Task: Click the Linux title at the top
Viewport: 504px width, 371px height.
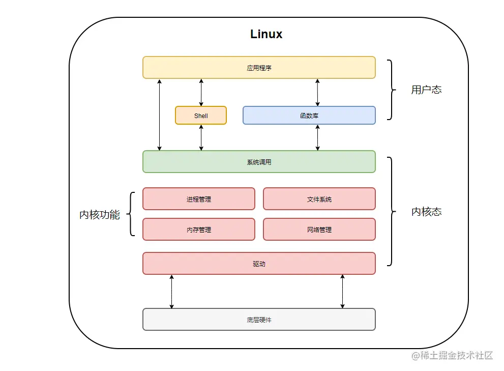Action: (266, 34)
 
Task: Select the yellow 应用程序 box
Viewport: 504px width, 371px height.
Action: (259, 68)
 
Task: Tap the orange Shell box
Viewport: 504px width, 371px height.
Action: (201, 116)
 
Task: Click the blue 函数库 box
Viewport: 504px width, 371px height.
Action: (309, 116)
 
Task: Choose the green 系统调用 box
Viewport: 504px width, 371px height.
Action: (259, 162)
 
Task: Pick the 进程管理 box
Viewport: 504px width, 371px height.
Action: (198, 199)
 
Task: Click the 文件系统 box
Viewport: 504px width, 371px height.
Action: (319, 199)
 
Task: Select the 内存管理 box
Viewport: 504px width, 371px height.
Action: (198, 230)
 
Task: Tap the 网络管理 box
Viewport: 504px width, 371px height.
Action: (319, 230)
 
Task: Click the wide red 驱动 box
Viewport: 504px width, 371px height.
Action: (259, 264)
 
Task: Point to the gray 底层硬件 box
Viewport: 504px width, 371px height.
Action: (259, 320)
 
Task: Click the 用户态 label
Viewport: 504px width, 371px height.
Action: (426, 90)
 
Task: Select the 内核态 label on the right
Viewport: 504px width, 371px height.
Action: (426, 212)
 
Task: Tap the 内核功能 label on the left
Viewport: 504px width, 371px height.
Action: (100, 215)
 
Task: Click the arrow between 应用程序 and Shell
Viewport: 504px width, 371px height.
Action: (201, 92)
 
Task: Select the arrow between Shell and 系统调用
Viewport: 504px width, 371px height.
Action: (201, 137)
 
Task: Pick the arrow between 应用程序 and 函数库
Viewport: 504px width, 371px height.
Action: (318, 92)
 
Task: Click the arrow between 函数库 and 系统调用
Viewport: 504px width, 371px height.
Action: (318, 137)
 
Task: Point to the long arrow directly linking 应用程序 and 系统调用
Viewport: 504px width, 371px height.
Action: (160, 115)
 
